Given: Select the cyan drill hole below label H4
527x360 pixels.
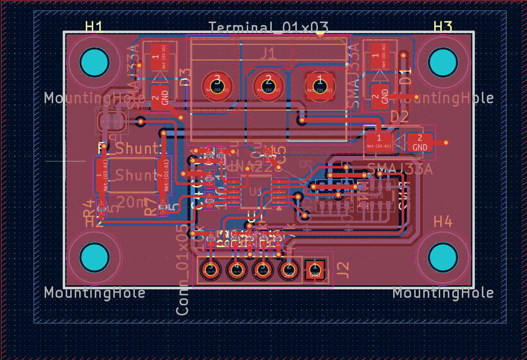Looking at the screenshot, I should (x=443, y=257).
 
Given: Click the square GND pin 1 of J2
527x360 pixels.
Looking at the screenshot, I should (x=314, y=270).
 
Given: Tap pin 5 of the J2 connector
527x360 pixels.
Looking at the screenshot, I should (x=210, y=270).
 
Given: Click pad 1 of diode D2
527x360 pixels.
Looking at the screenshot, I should (x=379, y=141).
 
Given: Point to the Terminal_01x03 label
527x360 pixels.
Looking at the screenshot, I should (x=268, y=28).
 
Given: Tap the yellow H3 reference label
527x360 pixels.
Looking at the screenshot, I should (x=443, y=27).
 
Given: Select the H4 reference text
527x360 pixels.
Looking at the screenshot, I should (x=443, y=221).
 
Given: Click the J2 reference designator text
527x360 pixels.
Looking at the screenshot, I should (x=343, y=270).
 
